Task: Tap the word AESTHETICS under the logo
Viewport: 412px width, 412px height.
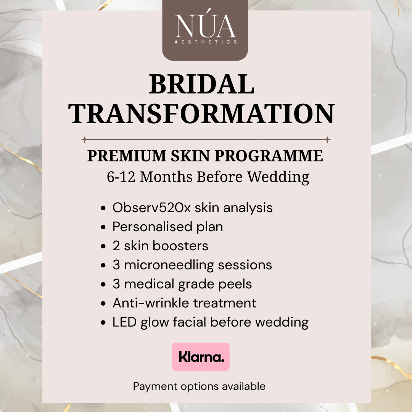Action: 205,42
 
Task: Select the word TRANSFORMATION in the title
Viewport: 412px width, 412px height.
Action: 203,113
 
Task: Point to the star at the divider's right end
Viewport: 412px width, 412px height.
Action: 328,139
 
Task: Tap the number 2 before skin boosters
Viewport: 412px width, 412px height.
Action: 116,246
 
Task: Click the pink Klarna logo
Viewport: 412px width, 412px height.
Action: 201,357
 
